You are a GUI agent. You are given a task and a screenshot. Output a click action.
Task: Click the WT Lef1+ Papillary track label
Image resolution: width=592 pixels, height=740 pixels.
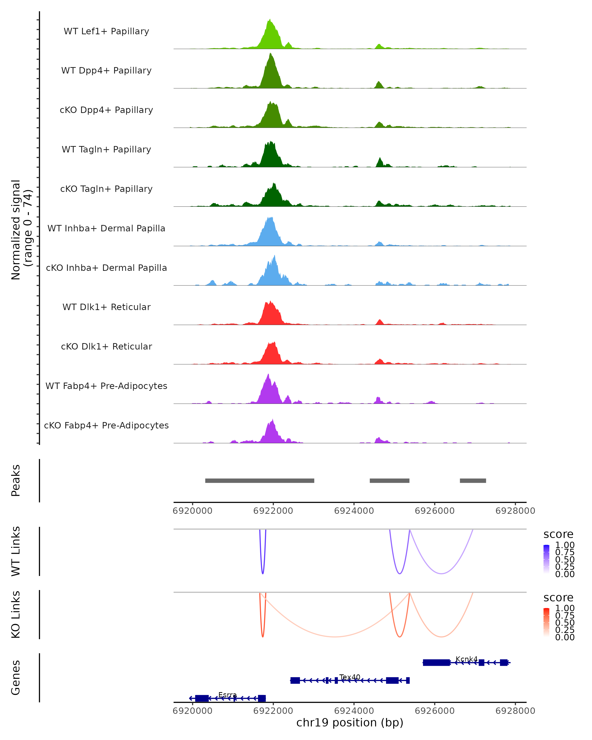(x=106, y=31)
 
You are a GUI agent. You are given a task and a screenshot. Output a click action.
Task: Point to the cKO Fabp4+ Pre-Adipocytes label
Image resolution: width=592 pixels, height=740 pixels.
(x=106, y=425)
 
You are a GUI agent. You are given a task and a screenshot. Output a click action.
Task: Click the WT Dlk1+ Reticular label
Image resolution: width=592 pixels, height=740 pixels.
(x=106, y=307)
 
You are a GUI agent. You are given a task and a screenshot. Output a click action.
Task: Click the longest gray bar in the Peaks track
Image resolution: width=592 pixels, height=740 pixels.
(x=259, y=481)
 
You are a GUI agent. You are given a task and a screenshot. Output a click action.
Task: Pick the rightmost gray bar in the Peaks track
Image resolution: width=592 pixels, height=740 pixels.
(x=473, y=481)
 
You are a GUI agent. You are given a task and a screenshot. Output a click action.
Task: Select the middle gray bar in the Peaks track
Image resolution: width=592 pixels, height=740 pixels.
(x=389, y=481)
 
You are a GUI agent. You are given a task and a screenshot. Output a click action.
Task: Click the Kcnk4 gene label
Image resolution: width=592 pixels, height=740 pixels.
(x=466, y=659)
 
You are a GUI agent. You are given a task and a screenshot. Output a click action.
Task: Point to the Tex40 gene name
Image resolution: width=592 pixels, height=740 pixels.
(x=350, y=677)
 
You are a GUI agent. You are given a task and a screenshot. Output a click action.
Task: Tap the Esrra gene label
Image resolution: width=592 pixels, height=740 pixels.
(x=227, y=695)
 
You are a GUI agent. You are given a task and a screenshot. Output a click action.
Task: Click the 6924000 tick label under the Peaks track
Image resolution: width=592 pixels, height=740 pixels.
(x=354, y=511)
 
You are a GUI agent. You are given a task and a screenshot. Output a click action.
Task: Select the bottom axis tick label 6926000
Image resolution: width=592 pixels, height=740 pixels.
(x=434, y=710)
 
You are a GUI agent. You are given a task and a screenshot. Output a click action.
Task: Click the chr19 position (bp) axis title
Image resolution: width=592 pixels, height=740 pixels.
(x=350, y=723)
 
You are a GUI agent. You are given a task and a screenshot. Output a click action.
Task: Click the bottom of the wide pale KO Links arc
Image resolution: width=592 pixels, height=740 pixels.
(x=335, y=637)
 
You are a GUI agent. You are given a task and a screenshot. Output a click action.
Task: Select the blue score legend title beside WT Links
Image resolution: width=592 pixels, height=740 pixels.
(x=558, y=535)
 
